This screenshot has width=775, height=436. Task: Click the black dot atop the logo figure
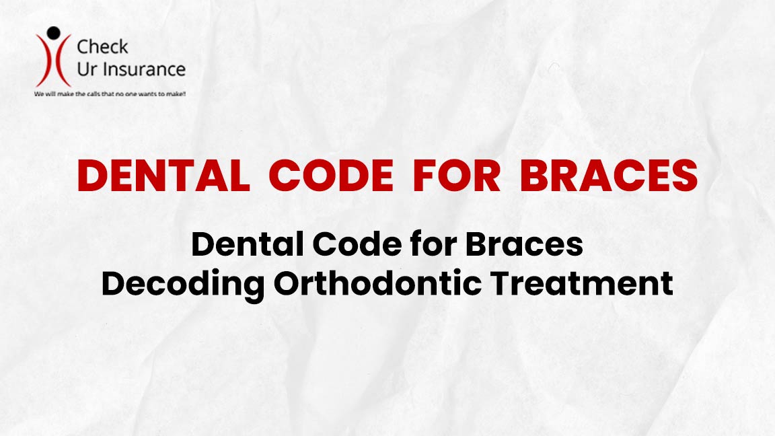click(53, 33)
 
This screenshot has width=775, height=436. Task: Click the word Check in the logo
click(102, 47)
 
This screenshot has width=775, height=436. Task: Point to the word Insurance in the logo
click(144, 70)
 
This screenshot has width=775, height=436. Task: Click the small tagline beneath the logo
click(110, 94)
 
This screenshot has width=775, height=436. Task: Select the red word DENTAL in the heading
click(163, 176)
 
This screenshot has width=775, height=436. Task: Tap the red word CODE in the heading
click(331, 176)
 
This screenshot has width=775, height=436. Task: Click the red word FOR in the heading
click(457, 176)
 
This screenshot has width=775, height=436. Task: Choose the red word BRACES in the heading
click(608, 176)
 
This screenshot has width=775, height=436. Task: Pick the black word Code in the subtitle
click(357, 244)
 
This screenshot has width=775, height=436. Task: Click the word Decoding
click(183, 284)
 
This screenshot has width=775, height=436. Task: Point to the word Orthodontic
click(377, 283)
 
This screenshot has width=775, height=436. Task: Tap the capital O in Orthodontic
click(288, 284)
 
